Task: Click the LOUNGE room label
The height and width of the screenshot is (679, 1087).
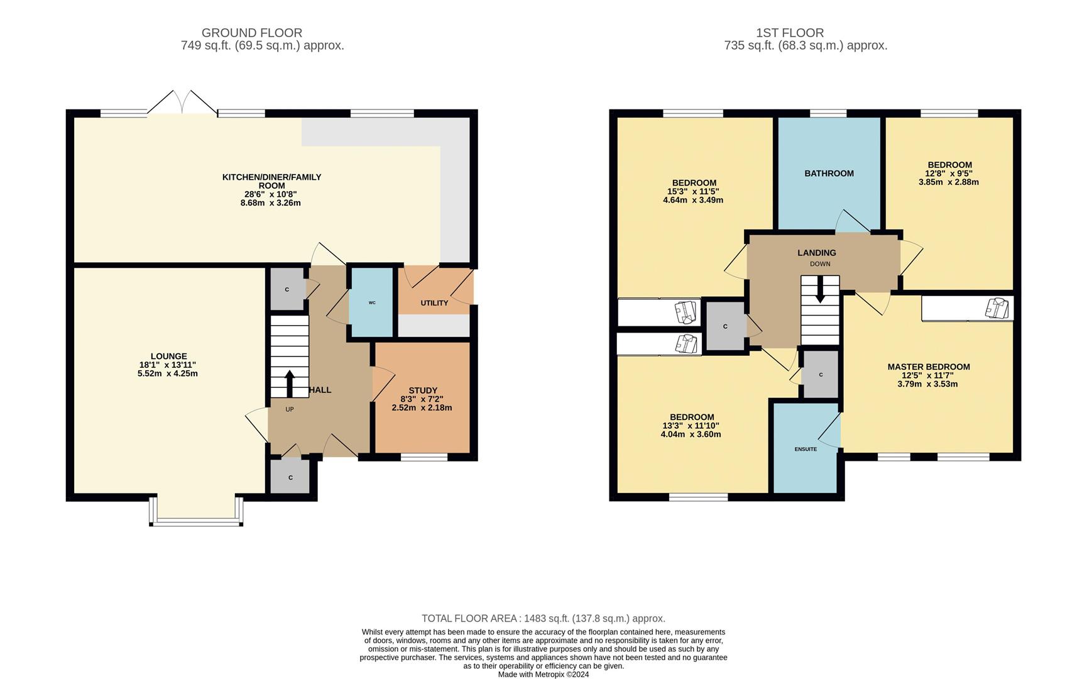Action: (168, 356)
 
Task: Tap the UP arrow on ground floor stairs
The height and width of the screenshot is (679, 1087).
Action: (289, 384)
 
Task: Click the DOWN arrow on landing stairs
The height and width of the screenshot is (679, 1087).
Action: (820, 293)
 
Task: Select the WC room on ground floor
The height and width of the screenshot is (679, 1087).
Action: (371, 303)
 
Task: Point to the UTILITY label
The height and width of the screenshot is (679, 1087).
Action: (434, 303)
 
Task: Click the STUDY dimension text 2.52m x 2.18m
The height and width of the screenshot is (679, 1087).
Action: (422, 407)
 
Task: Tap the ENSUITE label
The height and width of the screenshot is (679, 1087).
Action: (806, 449)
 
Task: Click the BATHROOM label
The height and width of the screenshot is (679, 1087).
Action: (829, 174)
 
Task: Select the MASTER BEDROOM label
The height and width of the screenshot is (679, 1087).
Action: (928, 367)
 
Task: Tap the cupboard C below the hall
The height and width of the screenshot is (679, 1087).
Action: (290, 477)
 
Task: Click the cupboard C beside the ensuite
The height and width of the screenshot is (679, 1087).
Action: (821, 375)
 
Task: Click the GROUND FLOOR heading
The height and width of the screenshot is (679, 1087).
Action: (251, 33)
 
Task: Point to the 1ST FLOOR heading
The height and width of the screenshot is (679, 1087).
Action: (790, 33)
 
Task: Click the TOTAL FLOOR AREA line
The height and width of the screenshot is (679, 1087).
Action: (543, 619)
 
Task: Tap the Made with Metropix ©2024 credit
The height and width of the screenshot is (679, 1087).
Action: (543, 675)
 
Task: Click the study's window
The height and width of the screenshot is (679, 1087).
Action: (424, 457)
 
